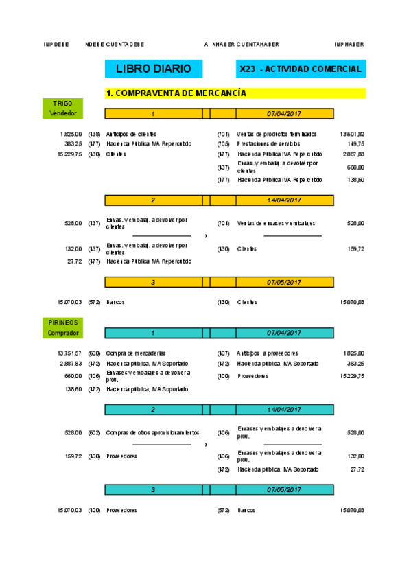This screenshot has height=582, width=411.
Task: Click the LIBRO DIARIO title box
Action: (x=153, y=69)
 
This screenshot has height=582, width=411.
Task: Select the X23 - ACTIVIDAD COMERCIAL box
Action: (x=300, y=69)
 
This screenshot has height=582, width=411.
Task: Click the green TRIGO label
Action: (x=62, y=104)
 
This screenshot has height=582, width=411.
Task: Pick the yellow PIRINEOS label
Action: (x=62, y=321)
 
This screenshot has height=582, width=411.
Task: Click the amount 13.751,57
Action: (x=69, y=353)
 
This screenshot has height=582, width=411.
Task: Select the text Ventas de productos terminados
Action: (x=277, y=134)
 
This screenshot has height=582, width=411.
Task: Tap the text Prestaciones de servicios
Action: (x=268, y=144)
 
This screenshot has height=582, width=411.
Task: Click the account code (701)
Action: (x=223, y=134)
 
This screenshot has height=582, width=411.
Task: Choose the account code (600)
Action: (x=94, y=353)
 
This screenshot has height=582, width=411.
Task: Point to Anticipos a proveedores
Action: (x=267, y=353)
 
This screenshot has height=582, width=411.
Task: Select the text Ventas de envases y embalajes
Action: (x=277, y=223)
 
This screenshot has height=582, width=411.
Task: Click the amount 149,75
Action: (x=355, y=144)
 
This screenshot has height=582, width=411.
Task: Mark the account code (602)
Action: (x=94, y=433)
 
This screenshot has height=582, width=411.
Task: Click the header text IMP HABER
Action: (x=349, y=45)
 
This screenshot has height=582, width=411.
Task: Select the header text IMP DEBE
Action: (x=56, y=45)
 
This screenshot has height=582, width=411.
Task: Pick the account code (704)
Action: (x=223, y=223)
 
